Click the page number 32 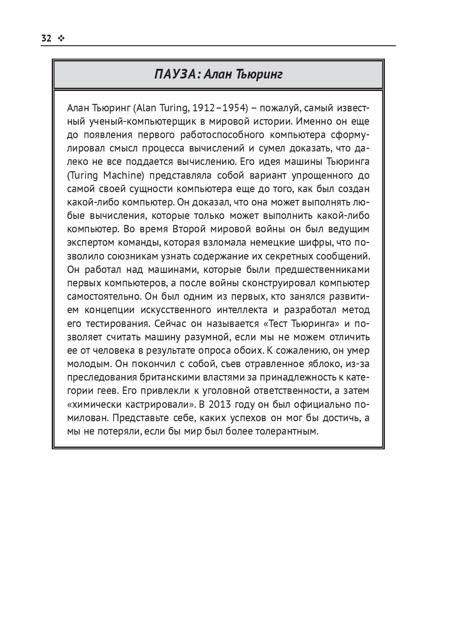46,38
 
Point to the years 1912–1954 219,108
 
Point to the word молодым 88,364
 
